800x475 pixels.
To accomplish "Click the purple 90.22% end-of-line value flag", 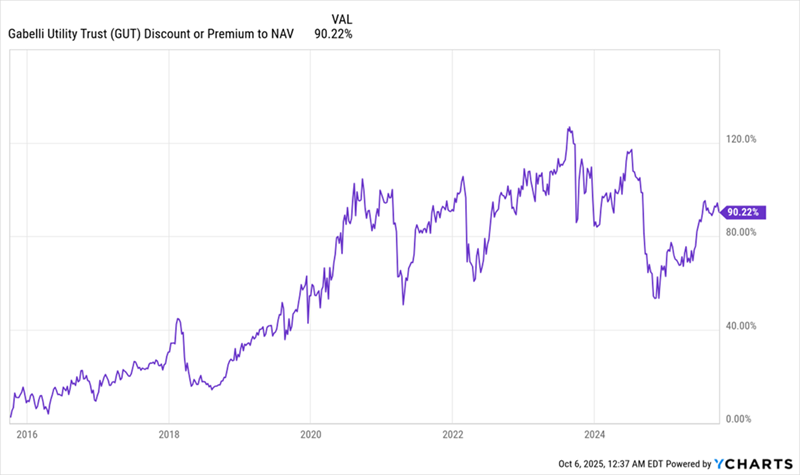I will [744, 212].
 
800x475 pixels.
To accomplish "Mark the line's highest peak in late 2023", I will [568, 128].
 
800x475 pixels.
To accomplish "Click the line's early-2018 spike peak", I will [177, 319].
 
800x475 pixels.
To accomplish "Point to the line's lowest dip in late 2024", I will [655, 298].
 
